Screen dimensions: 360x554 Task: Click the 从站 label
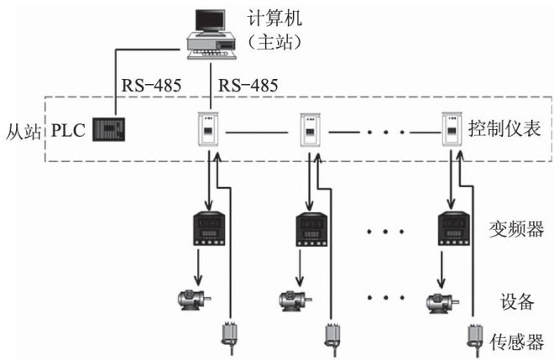tap(23, 132)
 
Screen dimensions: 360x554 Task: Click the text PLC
tap(68, 132)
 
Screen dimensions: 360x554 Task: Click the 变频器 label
tap(512, 227)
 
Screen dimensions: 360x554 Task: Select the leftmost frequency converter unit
tap(206, 227)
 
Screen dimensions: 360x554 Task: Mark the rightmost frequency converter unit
tap(453, 227)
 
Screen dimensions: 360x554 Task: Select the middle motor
tap(294, 298)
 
